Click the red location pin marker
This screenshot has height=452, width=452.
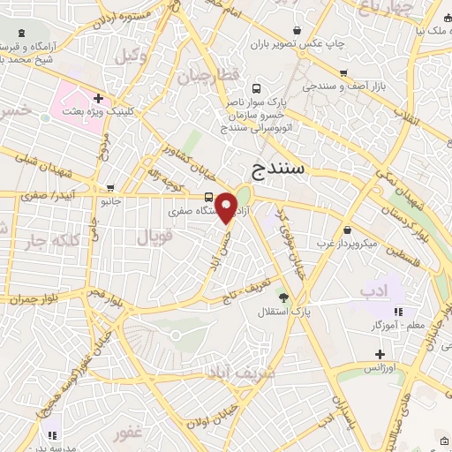click(227, 207)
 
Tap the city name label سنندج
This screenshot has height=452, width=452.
click(278, 167)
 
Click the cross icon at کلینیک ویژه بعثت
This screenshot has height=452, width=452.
click(98, 98)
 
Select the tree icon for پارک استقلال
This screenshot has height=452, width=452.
click(283, 298)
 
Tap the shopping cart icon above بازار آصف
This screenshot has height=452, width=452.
click(343, 73)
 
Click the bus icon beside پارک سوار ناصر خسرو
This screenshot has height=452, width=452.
click(256, 88)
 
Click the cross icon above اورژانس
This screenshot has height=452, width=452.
click(380, 353)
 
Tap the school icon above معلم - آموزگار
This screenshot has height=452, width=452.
click(399, 311)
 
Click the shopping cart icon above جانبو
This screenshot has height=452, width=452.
click(110, 188)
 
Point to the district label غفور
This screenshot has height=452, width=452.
click(128, 434)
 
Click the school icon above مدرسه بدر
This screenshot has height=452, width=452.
click(53, 434)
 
